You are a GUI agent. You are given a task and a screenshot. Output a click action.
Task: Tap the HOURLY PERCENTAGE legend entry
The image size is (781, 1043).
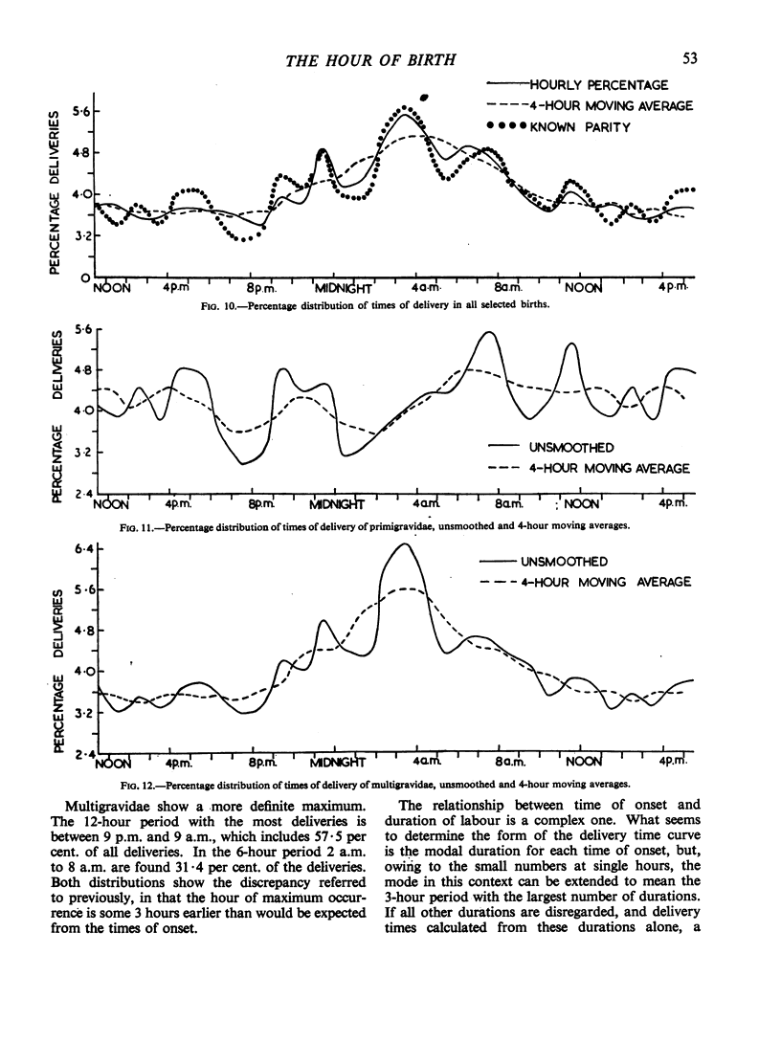(593, 85)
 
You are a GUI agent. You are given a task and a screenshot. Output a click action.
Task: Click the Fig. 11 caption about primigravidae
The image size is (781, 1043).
(393, 522)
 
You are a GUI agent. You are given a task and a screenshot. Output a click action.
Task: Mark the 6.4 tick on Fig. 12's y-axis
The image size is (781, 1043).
(85, 549)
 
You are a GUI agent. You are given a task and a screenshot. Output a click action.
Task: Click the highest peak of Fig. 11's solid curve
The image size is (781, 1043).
(488, 333)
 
